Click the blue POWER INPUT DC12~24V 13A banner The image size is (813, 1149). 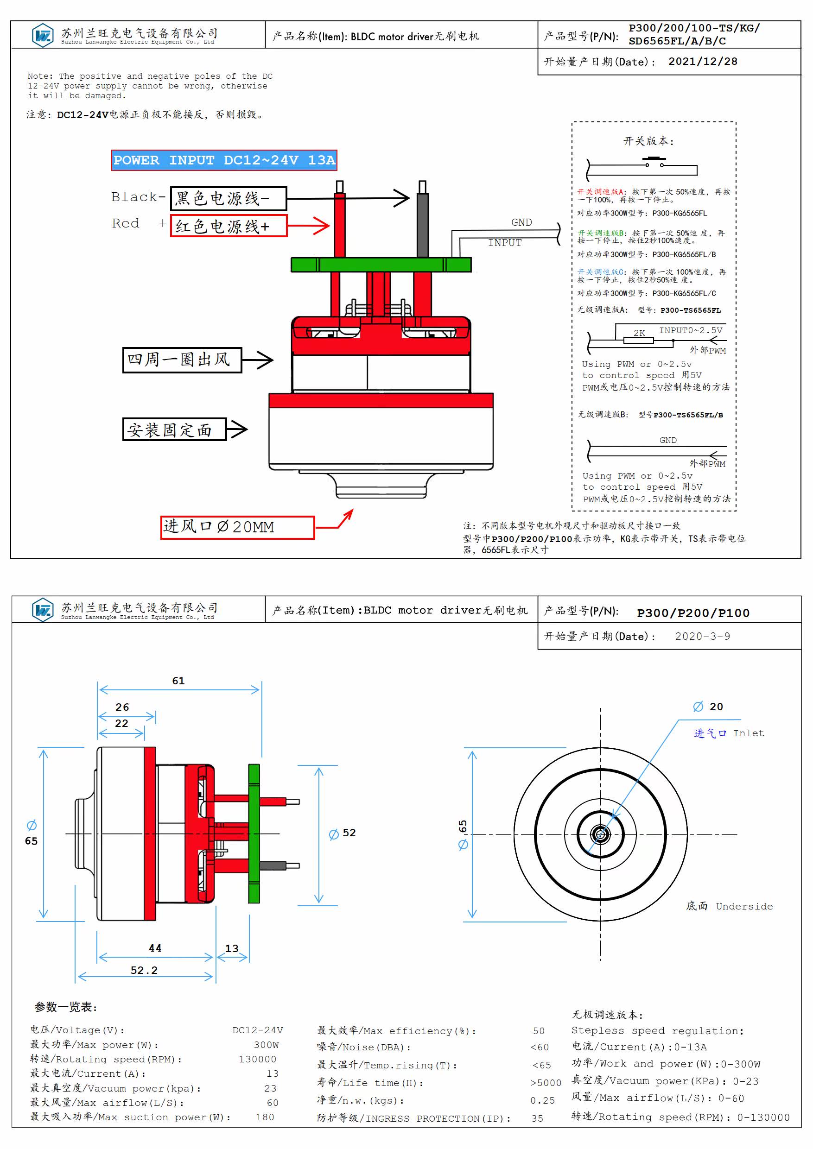pos(224,160)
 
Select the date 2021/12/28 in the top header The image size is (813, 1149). pos(702,62)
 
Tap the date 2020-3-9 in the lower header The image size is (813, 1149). pos(702,636)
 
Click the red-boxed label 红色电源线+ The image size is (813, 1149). pos(229,226)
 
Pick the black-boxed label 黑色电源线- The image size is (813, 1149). pos(229,198)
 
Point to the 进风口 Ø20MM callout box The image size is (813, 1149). pos(237,527)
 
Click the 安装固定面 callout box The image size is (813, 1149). pos(175,429)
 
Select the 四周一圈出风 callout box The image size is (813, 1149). pos(182,360)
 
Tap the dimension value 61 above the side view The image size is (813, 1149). pos(178,681)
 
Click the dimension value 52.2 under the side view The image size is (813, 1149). pos(144,970)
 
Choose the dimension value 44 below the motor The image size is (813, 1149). pos(155,948)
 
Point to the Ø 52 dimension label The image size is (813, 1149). pos(343,833)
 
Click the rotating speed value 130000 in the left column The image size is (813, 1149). pos(257,1059)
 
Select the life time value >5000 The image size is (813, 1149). pos(546,1082)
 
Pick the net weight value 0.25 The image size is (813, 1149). pos(543,1100)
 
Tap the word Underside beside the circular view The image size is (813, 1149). pos(744,906)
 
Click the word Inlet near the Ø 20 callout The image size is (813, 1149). pos(749,733)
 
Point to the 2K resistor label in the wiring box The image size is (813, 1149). pos(639,333)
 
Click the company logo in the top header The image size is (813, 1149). pos(43,35)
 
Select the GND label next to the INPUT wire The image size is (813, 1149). pos(521,222)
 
